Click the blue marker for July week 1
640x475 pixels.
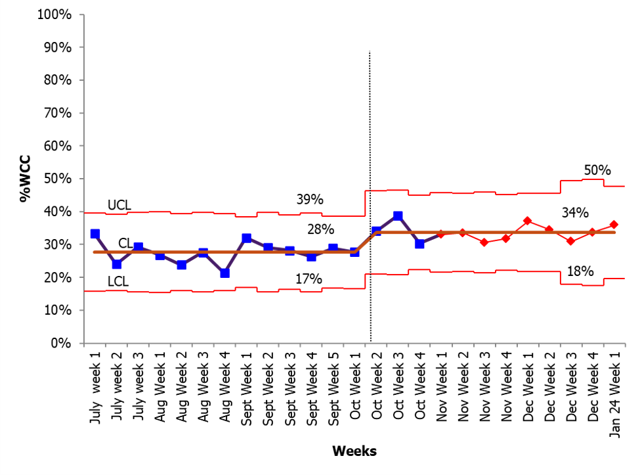95,234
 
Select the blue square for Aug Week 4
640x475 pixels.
225,273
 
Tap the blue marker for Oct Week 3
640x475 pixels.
398,215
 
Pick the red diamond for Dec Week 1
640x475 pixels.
527,221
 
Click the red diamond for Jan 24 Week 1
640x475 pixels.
614,225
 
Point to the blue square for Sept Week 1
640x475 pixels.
247,238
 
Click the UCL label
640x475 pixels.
119,205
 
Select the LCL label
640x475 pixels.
118,281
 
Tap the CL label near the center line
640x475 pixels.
125,244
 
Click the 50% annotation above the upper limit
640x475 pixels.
597,170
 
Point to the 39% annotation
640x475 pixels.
310,199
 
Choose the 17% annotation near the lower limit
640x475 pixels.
309,279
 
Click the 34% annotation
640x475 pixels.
575,212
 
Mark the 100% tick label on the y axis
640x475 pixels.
54,14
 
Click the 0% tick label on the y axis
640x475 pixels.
61,343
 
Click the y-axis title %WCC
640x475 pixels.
25,178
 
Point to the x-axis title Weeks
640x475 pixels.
354,451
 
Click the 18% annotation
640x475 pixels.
580,271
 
